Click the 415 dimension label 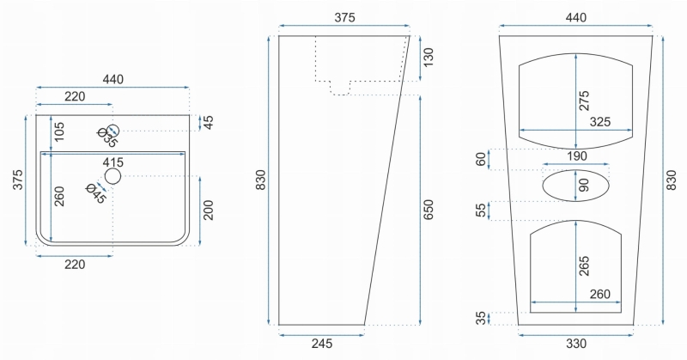tap(113, 162)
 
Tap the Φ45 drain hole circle tap(112, 176)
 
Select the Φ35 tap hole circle tap(113, 131)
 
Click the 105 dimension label tap(59, 131)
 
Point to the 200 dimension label tap(209, 210)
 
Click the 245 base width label tap(321, 344)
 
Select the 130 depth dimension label tap(428, 58)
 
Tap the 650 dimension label tap(428, 210)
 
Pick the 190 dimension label tap(576, 156)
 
